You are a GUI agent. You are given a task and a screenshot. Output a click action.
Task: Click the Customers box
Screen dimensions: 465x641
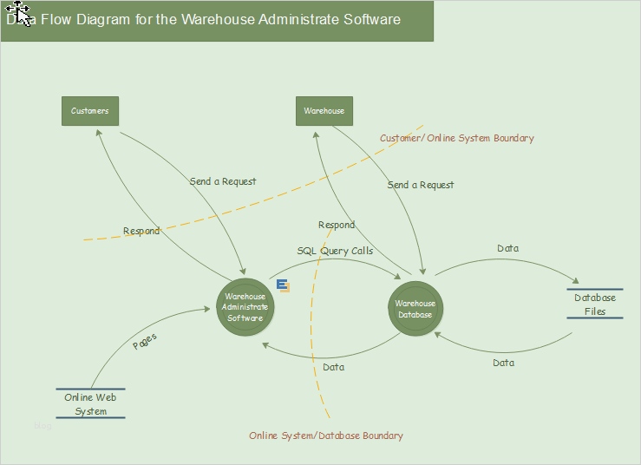90,111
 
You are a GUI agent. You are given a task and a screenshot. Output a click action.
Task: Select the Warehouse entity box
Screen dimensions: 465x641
324,111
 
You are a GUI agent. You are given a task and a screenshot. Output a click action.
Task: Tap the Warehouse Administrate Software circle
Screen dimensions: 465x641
245,307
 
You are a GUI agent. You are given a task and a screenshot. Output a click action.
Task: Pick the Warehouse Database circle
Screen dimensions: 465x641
415,309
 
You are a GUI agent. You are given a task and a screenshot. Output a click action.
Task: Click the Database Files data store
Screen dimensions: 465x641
595,305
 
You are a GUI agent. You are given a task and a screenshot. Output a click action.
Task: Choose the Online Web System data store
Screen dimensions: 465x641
90,404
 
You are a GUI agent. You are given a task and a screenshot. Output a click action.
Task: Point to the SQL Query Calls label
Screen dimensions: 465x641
335,251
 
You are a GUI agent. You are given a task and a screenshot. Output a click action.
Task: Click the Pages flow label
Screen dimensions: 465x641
145,341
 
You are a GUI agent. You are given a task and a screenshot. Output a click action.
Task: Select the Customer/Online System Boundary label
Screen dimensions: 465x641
457,138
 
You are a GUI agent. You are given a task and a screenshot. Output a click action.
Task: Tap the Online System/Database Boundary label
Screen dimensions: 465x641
326,436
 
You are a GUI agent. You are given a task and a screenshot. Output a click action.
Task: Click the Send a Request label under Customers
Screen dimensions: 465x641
223,181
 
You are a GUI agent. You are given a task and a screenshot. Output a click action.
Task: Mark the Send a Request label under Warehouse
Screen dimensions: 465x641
421,185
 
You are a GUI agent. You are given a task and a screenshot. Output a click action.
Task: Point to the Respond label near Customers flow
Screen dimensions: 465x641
141,232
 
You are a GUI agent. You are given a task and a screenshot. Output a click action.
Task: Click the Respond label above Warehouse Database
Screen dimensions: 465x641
337,225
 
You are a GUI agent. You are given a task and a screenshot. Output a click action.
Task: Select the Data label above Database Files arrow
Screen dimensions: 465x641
508,248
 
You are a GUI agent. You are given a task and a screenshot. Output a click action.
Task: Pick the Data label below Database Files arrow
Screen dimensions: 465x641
504,363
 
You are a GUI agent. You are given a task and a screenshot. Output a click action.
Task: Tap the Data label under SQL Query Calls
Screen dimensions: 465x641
334,367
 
